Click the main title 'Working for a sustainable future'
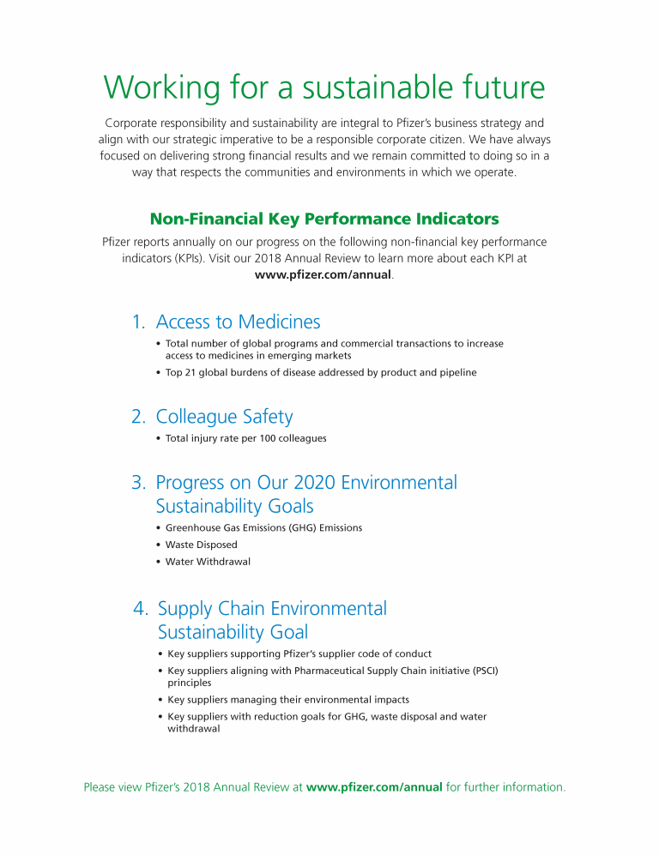pyautogui.click(x=323, y=87)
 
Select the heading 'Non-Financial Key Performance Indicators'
pyautogui.click(x=324, y=219)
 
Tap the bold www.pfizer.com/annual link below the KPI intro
pyautogui.click(x=323, y=275)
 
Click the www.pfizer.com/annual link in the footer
pyautogui.click(x=374, y=787)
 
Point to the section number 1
pyautogui.click(x=137, y=322)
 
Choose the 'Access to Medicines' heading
pyautogui.click(x=238, y=322)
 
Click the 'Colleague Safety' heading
pyautogui.click(x=224, y=418)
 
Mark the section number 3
pyautogui.click(x=138, y=483)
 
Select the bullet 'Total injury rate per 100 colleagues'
pyautogui.click(x=245, y=438)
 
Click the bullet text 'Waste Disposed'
pyautogui.click(x=201, y=545)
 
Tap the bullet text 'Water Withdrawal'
pyautogui.click(x=208, y=562)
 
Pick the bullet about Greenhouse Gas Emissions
pyautogui.click(x=263, y=527)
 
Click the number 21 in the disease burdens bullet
pyautogui.click(x=192, y=372)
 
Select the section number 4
pyautogui.click(x=140, y=609)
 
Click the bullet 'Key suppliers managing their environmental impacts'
pyautogui.click(x=287, y=700)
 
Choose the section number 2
pyautogui.click(x=138, y=418)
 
